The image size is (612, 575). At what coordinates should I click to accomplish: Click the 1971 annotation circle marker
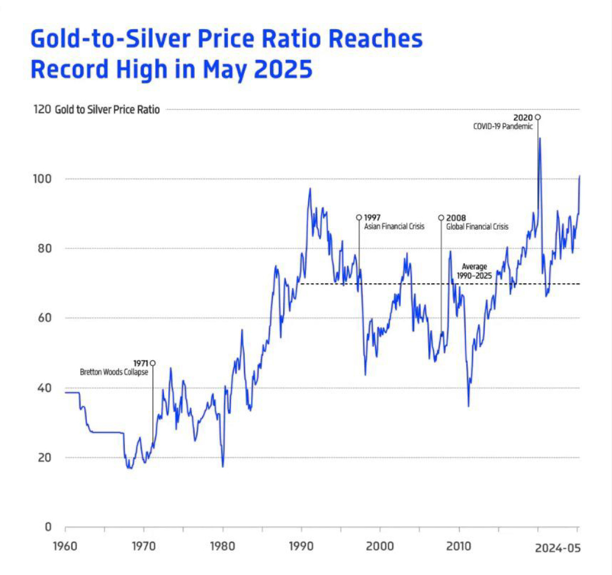point(153,363)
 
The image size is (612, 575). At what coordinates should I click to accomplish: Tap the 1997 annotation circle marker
point(359,218)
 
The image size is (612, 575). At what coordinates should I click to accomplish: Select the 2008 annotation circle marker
point(441,218)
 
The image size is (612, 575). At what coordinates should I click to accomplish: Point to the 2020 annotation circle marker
point(538,117)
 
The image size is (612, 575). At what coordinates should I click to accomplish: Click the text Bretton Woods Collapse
point(114,372)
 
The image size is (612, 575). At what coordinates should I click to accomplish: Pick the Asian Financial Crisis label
point(394,227)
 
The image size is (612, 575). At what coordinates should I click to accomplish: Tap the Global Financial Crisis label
point(477,227)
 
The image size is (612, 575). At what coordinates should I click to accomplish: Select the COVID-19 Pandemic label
point(503,127)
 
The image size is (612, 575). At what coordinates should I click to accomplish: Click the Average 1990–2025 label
point(474,271)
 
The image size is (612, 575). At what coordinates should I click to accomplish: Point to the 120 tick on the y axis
point(42,110)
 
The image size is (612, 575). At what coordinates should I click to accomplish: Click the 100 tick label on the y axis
point(42,179)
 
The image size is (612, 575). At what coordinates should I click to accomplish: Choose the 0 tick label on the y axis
point(48,527)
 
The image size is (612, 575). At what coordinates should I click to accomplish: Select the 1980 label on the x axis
point(222,546)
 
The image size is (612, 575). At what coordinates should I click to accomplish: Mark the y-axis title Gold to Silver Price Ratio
point(107,110)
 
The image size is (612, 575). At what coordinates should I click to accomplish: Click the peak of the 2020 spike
point(540,139)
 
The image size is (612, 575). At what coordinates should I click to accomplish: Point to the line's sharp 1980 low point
point(223,466)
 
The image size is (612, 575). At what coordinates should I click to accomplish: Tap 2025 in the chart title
point(283,69)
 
